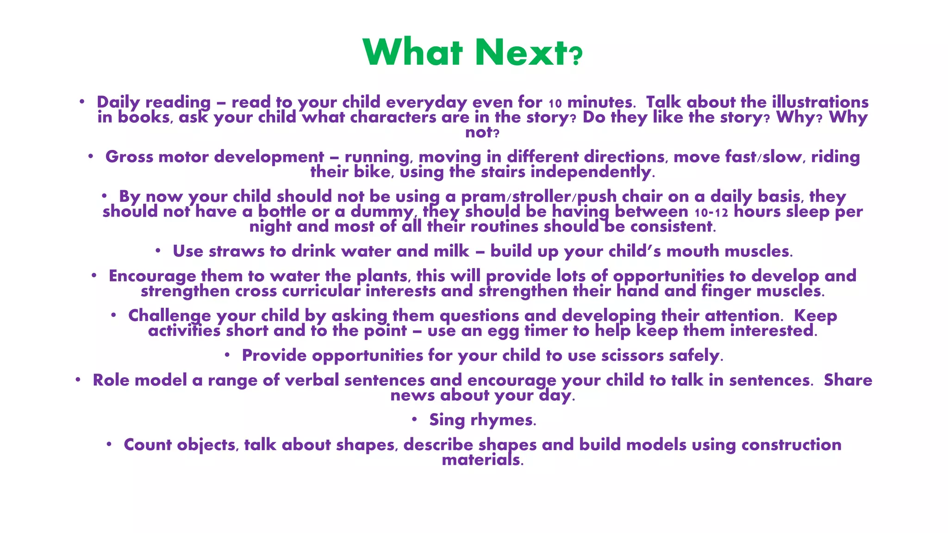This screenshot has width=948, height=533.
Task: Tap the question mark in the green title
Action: (576, 57)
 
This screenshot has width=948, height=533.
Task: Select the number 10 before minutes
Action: (555, 103)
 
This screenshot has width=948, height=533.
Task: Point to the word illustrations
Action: (820, 102)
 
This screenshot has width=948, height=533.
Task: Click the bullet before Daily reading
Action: (81, 101)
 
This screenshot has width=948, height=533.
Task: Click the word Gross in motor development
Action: (129, 157)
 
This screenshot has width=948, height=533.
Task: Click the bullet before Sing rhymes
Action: (415, 419)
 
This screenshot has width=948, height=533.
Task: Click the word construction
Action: (791, 445)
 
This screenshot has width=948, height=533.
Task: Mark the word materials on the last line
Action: (482, 460)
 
